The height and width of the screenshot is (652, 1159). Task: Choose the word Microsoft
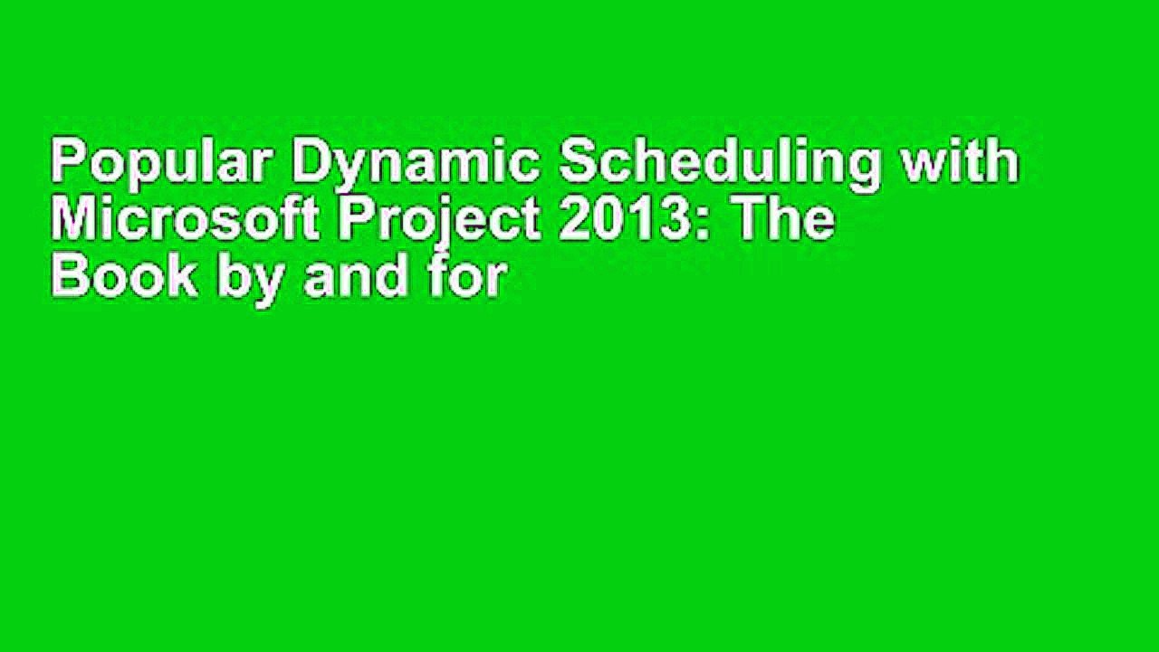pos(186,221)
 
